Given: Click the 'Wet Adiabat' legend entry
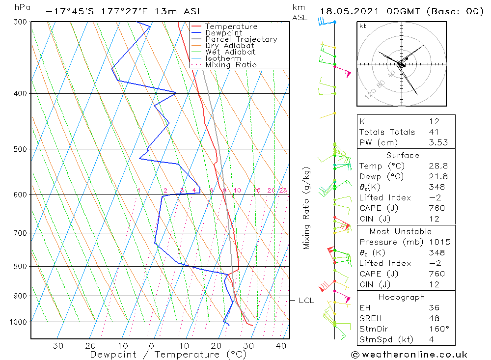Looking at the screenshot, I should coord(230,52).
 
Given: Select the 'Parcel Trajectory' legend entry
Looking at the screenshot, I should coord(241,39).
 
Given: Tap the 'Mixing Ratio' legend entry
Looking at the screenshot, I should coord(231,65).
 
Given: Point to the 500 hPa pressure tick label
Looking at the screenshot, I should coord(21,149).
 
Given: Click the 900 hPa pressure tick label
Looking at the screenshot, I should coord(21,296).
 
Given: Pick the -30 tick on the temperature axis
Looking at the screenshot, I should coord(54,346).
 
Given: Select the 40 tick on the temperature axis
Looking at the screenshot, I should coord(281,346).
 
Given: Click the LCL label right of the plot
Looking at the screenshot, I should coord(306,301).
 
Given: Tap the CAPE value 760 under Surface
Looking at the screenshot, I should coord(436,208).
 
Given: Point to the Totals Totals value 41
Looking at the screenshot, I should coord(434,132).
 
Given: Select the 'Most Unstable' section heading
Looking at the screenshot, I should coord(401,231).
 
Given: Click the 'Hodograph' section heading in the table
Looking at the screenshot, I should coord(401,297).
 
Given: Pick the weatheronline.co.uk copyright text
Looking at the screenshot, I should coord(409,355).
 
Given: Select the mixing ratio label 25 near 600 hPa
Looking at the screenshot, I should coord(283,191).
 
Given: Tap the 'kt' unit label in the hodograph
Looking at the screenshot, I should coord(362,26).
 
